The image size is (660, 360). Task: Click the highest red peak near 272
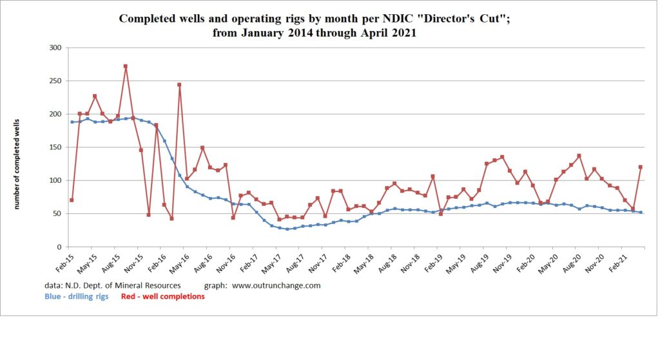125,66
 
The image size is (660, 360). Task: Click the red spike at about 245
179,84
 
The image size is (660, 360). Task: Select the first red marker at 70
72,200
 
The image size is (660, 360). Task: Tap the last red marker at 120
641,167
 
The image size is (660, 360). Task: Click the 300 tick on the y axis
55,48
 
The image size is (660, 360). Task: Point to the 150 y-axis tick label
55,147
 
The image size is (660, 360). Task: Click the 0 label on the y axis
59,247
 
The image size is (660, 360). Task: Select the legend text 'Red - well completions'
162,296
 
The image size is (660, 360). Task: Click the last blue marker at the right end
641,212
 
